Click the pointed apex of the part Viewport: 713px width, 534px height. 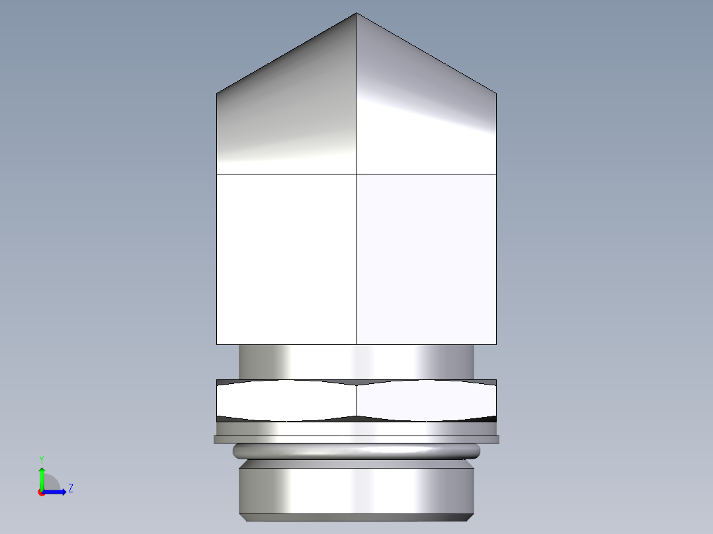tap(356, 14)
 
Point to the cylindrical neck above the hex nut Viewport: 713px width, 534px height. tap(356, 362)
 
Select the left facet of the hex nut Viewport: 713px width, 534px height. tap(286, 400)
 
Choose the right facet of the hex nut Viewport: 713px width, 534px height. tap(426, 400)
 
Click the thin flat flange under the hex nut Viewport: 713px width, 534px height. tap(356, 439)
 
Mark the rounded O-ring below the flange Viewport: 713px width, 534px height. tap(356, 451)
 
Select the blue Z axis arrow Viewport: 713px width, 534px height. tap(58, 492)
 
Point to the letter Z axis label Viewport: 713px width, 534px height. tap(70, 488)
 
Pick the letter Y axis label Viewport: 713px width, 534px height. tap(42, 459)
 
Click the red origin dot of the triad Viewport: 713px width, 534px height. tap(42, 492)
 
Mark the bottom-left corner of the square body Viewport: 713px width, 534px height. tap(217, 344)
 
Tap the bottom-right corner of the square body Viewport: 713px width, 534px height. tap(496, 344)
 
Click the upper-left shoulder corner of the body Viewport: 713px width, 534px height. tap(217, 93)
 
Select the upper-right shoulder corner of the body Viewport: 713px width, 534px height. tap(496, 93)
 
